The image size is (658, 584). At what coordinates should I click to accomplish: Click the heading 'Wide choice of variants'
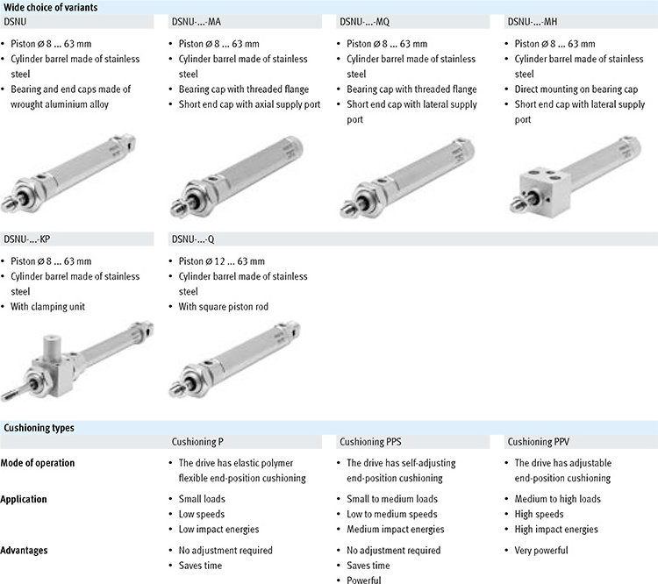pyautogui.click(x=49, y=6)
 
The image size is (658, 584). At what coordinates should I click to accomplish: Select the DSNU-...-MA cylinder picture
pyautogui.click(x=246, y=174)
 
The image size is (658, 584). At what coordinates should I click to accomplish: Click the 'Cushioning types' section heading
pyautogui.click(x=39, y=428)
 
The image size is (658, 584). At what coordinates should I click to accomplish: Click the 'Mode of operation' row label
pyautogui.click(x=38, y=463)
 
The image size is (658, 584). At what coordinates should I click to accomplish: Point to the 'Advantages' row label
pyautogui.click(x=26, y=551)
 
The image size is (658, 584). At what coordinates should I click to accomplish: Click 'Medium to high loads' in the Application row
pyautogui.click(x=557, y=499)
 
